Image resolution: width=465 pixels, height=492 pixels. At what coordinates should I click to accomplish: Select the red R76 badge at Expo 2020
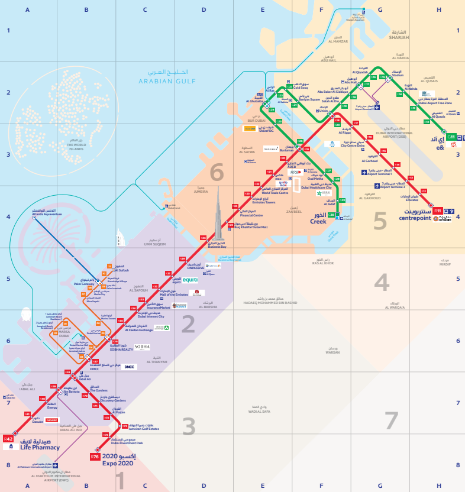[95, 457]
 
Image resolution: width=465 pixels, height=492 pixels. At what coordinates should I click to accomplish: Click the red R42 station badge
[8, 439]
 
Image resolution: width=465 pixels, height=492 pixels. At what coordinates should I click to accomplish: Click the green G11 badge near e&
[451, 137]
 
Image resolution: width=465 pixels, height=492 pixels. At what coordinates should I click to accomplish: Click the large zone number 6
[217, 173]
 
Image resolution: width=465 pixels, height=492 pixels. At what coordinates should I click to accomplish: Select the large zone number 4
[382, 283]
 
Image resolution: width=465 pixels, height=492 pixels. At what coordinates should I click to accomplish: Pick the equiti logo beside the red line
[190, 280]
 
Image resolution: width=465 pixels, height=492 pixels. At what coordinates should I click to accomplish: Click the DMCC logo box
[129, 367]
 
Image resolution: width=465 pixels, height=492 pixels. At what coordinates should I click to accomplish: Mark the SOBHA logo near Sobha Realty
[142, 347]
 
